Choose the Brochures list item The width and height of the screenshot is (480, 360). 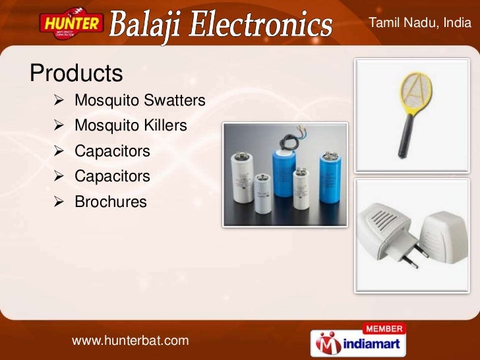click(x=111, y=202)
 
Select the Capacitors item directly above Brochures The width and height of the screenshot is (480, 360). click(x=112, y=176)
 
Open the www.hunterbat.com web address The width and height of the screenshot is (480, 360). click(x=130, y=340)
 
